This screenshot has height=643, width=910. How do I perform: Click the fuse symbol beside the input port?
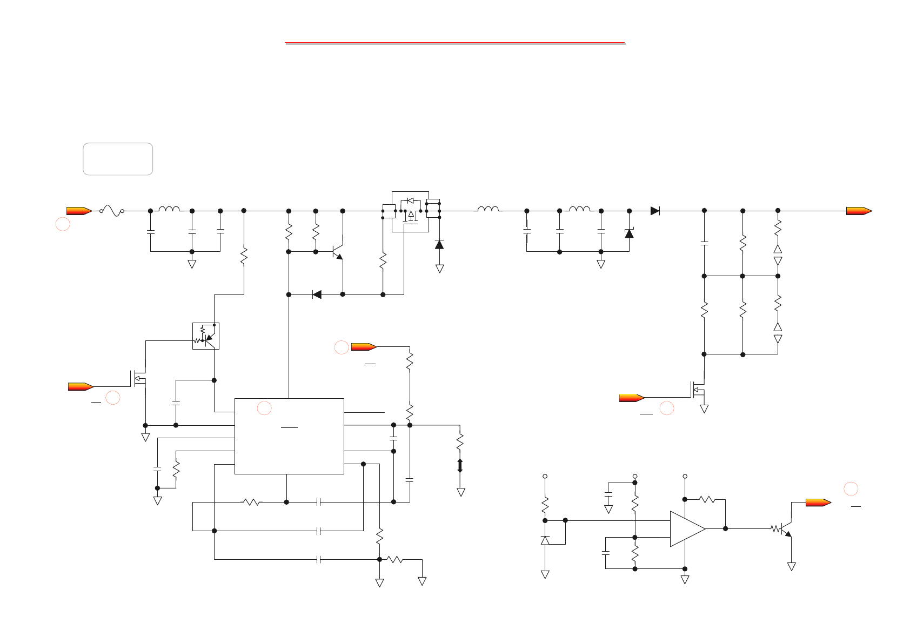click(112, 211)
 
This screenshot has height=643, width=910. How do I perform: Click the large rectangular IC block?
click(289, 436)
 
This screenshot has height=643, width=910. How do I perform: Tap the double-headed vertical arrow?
click(460, 466)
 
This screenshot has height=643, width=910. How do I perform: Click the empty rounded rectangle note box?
click(118, 159)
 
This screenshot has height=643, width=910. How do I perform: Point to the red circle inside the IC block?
click(264, 408)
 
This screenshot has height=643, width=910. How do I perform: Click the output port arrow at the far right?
click(859, 211)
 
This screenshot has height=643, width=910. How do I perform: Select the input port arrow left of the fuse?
click(79, 211)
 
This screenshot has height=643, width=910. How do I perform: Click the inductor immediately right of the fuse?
click(169, 209)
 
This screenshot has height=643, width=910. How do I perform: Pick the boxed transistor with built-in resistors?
click(206, 336)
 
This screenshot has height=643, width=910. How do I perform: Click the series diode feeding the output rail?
click(655, 211)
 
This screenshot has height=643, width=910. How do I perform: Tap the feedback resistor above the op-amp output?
click(707, 499)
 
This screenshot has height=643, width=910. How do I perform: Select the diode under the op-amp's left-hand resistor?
click(545, 540)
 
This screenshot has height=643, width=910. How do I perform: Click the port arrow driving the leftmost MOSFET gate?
click(81, 386)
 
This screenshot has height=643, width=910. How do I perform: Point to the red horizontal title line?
click(454, 42)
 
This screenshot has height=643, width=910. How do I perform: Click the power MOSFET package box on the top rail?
click(410, 211)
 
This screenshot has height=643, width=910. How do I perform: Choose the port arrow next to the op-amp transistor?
click(818, 503)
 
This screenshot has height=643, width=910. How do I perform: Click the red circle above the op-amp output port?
click(851, 488)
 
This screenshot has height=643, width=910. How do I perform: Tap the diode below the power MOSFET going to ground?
click(439, 245)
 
